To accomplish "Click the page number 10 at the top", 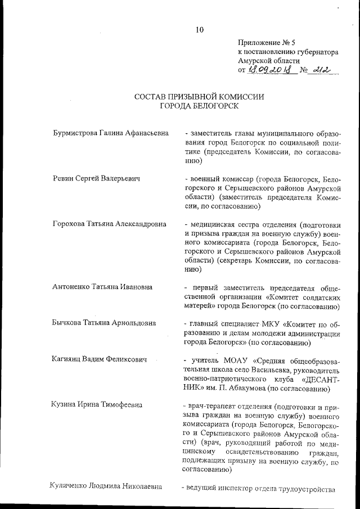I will click(200, 30).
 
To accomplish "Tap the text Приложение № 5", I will click(263, 42).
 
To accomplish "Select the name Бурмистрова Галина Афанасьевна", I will click(110, 133).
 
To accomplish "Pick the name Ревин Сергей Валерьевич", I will click(96, 179).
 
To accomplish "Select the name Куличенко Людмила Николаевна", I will click(106, 486).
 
